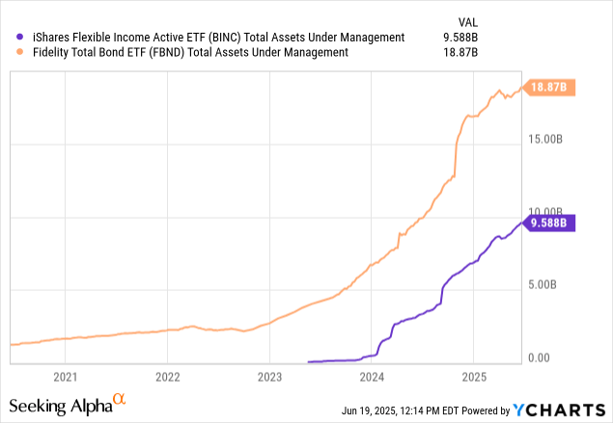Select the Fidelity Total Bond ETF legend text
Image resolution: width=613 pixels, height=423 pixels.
tap(183, 53)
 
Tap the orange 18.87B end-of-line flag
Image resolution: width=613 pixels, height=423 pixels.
tap(549, 88)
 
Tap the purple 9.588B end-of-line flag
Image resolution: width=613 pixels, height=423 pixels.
tap(549, 223)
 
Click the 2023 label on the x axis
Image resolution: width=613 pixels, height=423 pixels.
tap(269, 377)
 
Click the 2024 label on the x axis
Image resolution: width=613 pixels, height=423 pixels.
tap(372, 377)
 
